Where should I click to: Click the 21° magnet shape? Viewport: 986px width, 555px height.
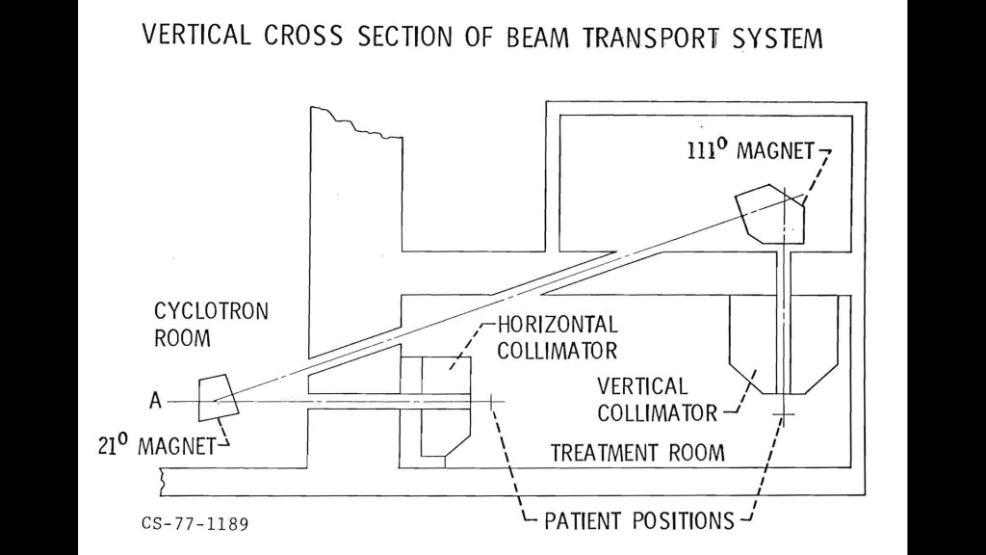218,398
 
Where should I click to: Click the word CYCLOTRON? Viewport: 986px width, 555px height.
212,312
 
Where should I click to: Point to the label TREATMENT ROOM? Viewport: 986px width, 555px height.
636,452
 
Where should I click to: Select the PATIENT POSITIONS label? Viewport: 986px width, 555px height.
639,521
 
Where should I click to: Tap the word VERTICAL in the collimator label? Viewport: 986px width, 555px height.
642,387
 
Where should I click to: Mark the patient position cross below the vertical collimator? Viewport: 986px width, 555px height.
785,415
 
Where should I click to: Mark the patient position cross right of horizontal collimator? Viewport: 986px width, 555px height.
492,399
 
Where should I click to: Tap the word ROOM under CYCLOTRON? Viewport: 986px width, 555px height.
182,338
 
